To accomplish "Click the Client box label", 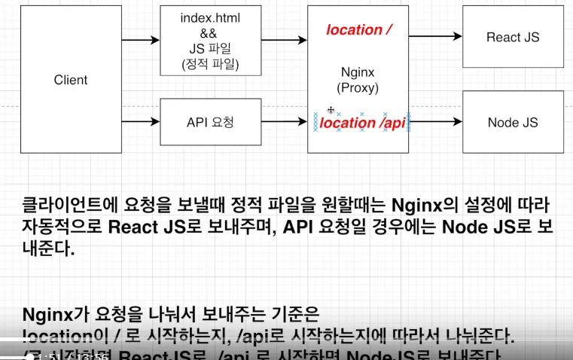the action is pos(71,80).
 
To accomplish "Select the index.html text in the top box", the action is pos(210,17).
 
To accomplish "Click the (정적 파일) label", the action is pos(210,66).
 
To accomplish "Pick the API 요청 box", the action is pos(210,122).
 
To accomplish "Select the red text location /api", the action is pos(363,122).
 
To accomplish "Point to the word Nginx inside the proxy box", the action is pos(358,73).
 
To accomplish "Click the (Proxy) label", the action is pos(358,88).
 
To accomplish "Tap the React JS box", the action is pos(513,37).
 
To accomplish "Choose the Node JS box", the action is pos(513,122).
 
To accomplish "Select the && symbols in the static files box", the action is pos(210,34).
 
